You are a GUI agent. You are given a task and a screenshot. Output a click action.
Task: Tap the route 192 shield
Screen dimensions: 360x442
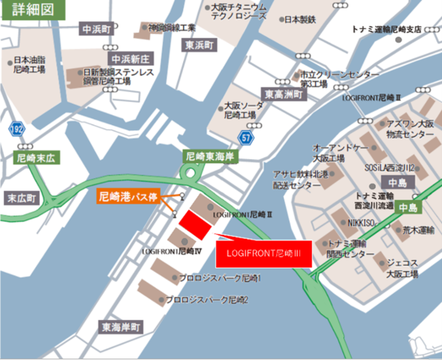click(17, 128)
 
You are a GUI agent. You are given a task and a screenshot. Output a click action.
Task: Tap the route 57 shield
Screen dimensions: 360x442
click(245, 139)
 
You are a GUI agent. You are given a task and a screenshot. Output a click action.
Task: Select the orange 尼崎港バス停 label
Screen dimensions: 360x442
click(129, 198)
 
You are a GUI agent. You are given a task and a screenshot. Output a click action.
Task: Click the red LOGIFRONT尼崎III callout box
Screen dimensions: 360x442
click(263, 254)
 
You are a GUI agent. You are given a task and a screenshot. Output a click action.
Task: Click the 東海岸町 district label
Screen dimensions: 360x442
click(122, 327)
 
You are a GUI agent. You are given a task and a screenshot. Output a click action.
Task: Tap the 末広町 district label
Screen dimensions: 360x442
click(23, 198)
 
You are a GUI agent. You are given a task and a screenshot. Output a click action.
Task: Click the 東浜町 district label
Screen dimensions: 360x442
click(202, 46)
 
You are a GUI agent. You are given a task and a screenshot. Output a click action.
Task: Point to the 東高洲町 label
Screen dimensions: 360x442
click(284, 94)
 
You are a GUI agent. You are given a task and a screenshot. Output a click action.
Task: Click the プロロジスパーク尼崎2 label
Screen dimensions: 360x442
click(207, 299)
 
